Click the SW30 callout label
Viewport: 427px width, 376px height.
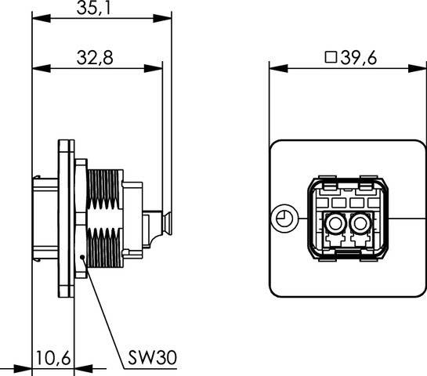(152, 359)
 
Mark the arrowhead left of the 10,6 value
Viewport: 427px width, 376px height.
(27, 367)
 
